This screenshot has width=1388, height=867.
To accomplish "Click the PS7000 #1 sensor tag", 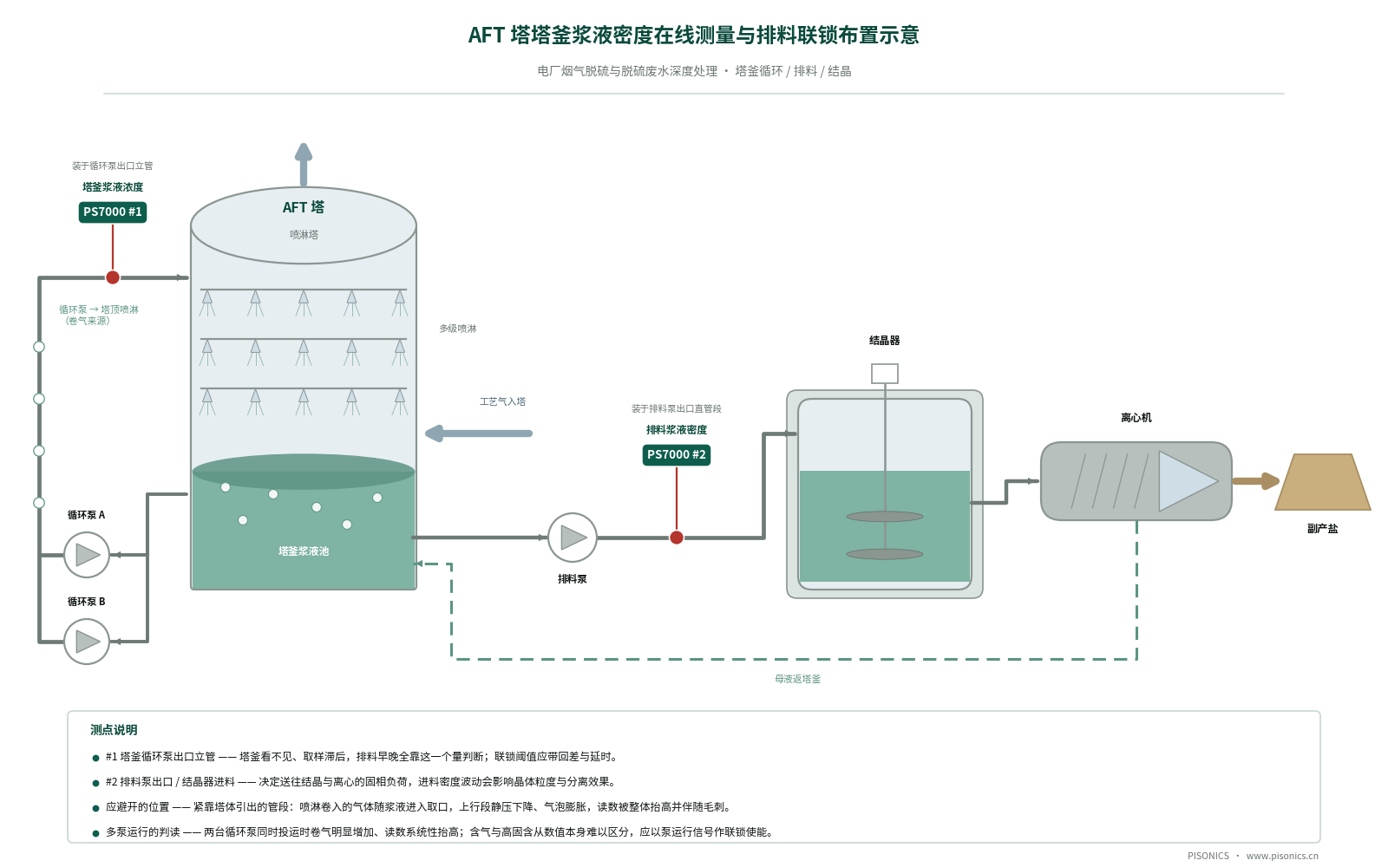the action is point(113,212).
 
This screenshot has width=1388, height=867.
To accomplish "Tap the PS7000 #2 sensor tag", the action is point(677,455).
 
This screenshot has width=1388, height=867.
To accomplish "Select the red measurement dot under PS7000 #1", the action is point(113,277).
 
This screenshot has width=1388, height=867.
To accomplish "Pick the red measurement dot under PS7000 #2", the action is point(677,538).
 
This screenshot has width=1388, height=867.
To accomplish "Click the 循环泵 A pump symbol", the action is point(87,555).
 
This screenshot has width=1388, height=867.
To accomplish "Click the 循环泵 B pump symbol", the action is point(87,642).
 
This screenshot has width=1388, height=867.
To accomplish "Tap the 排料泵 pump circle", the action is point(573,538).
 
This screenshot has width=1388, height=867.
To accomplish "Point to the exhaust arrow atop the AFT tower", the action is point(304,165).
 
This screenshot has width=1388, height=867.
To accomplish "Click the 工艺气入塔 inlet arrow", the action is point(478,433).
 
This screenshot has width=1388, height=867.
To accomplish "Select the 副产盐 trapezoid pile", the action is point(1323,482).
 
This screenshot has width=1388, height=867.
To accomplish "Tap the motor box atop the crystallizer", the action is point(885,374).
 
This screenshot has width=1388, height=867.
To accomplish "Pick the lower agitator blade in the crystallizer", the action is point(885,554).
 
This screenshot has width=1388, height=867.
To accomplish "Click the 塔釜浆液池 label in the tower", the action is point(304,551).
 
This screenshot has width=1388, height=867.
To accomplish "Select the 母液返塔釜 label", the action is point(797,680).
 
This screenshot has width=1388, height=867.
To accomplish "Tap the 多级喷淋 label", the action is point(458,329).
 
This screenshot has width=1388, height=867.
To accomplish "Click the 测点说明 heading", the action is point(114,730).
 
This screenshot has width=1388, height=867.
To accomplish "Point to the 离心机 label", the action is point(1136,418).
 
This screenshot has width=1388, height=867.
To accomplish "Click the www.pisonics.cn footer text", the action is point(1282,856).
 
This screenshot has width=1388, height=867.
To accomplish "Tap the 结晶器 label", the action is point(885,341).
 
